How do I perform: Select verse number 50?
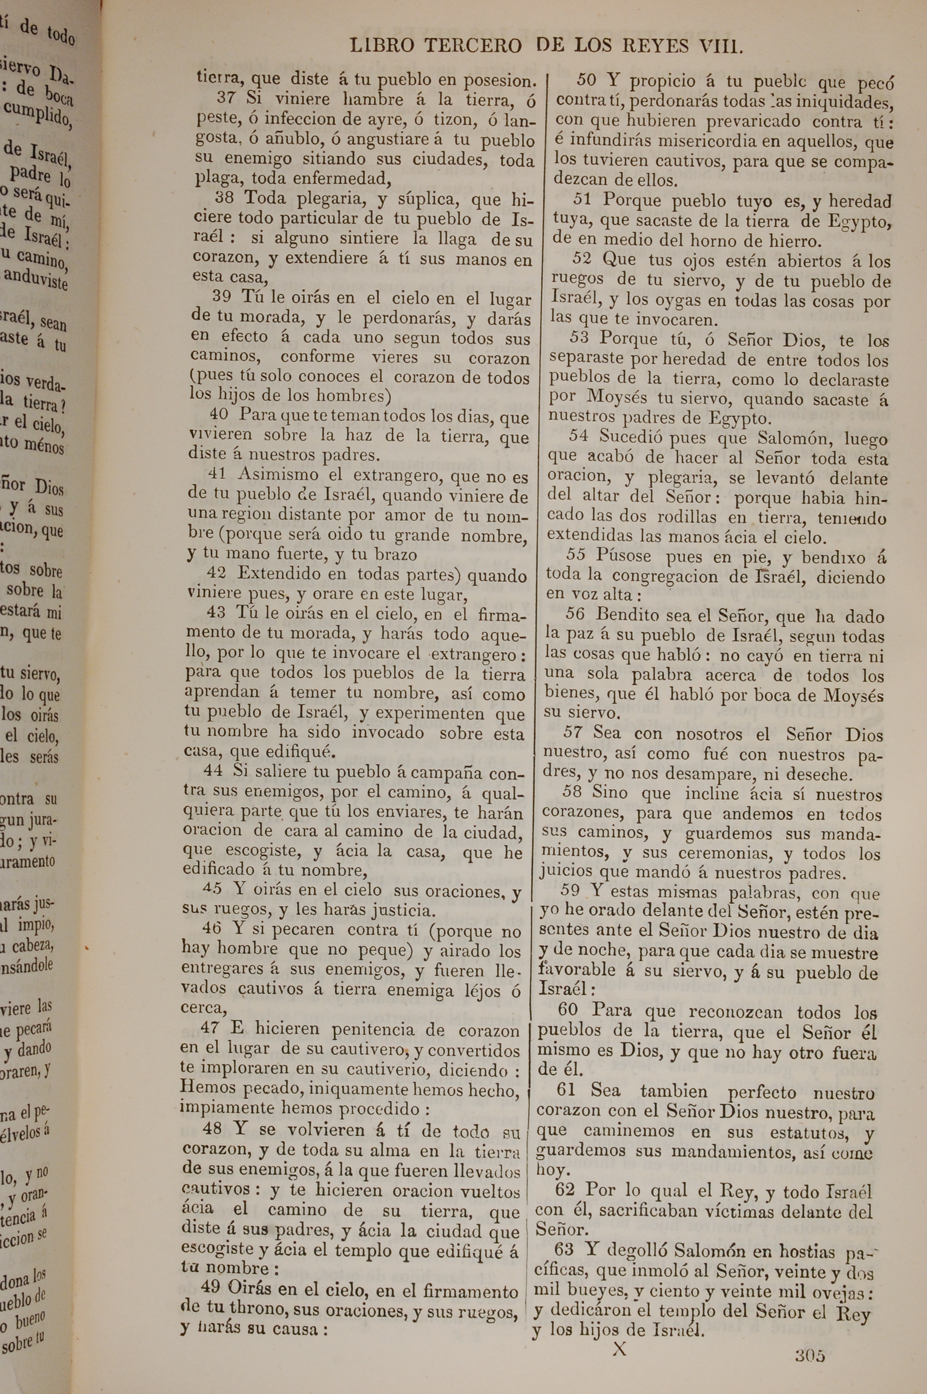587,79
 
